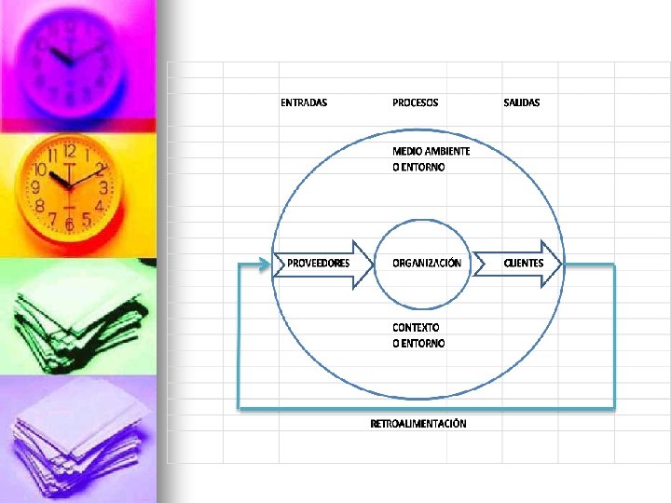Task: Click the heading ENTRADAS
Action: tap(304, 102)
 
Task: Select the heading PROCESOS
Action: tap(415, 102)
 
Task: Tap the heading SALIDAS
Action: tap(521, 102)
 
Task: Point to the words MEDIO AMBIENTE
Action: tap(431, 151)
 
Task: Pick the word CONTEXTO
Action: tap(416, 328)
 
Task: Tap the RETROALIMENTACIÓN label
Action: tap(418, 424)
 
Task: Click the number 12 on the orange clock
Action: tap(69, 151)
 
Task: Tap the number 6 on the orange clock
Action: tap(69, 223)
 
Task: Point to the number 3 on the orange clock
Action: tap(103, 187)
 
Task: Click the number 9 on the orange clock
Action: tap(35, 187)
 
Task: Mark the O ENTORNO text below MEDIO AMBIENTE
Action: tap(418, 168)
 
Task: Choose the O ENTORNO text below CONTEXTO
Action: tap(418, 344)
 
